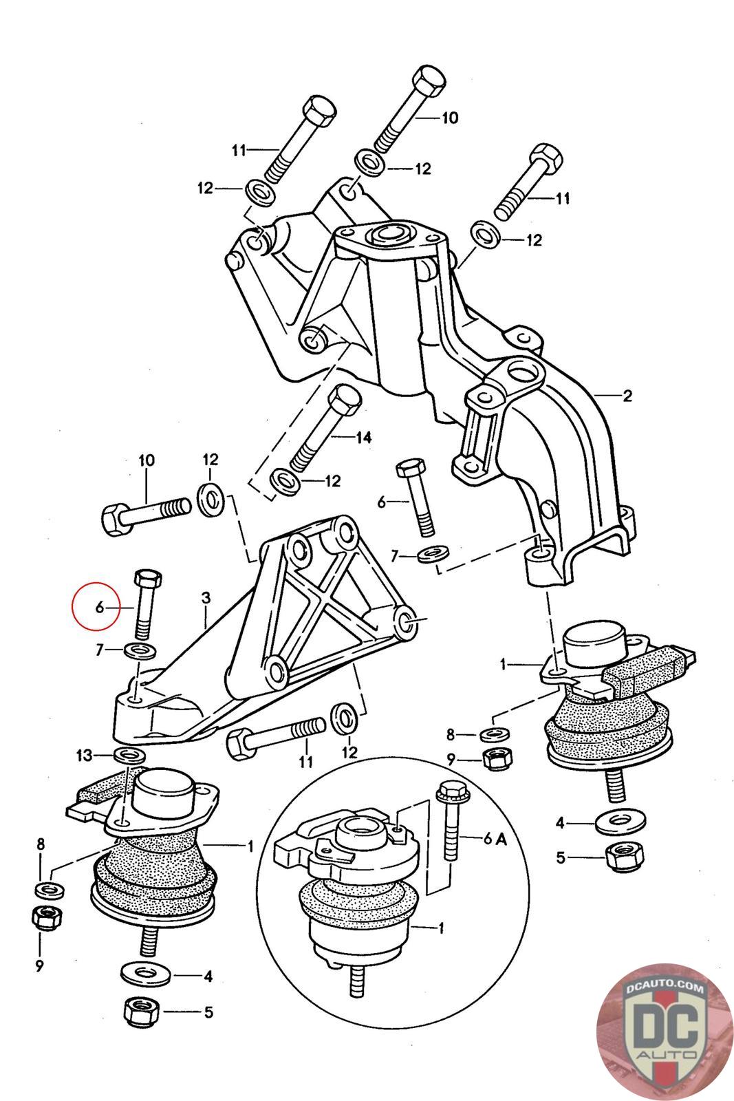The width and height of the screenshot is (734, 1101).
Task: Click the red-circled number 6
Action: pos(100,608)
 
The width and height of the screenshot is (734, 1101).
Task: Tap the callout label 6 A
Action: pos(495,838)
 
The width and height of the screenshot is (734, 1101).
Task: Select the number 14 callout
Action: pos(364,437)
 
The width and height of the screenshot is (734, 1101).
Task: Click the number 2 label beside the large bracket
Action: pos(627,396)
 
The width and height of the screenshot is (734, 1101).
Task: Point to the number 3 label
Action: pos(206,598)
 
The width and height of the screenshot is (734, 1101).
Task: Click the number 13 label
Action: pos(84,755)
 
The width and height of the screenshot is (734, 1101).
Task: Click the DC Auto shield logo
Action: pos(665,1032)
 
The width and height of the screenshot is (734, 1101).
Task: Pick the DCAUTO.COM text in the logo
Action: pos(665,988)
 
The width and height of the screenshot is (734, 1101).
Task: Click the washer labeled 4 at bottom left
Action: pos(145,973)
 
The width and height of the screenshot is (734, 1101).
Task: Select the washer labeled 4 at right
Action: pos(620,822)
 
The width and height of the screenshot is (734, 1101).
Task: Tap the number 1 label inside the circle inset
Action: pos(441,928)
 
